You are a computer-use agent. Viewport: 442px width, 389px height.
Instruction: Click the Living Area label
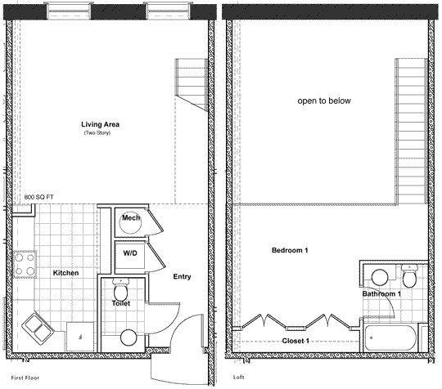(100, 124)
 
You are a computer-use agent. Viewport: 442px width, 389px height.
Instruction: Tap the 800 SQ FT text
(38, 197)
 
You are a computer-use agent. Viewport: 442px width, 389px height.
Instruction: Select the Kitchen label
(65, 273)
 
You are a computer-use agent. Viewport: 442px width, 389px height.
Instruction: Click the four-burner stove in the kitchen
(25, 264)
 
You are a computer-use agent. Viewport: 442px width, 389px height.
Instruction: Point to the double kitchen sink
(38, 329)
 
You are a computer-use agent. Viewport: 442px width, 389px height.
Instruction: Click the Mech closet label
(131, 217)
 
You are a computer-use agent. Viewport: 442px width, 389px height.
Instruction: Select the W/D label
(130, 253)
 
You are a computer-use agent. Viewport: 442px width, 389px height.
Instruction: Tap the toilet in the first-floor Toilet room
(120, 289)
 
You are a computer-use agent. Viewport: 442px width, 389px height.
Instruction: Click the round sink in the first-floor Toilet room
(129, 338)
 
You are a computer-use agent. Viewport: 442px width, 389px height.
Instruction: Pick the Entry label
(182, 277)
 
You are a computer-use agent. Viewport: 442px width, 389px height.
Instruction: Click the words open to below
(324, 101)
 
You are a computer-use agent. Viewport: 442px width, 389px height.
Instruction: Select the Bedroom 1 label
(290, 250)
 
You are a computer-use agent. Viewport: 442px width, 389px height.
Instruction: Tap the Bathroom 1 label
(381, 294)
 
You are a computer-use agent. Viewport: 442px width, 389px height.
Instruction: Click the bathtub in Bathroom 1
(390, 338)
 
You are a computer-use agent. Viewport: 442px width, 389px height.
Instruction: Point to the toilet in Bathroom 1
(409, 276)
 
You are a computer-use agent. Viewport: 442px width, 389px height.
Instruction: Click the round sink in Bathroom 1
(380, 278)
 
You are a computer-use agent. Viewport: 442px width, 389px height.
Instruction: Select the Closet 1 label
(295, 341)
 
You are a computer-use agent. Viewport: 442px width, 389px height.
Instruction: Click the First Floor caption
(25, 378)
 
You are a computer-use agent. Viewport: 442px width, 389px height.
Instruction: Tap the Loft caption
(238, 378)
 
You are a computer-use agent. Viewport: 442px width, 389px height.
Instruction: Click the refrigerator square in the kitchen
(80, 337)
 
